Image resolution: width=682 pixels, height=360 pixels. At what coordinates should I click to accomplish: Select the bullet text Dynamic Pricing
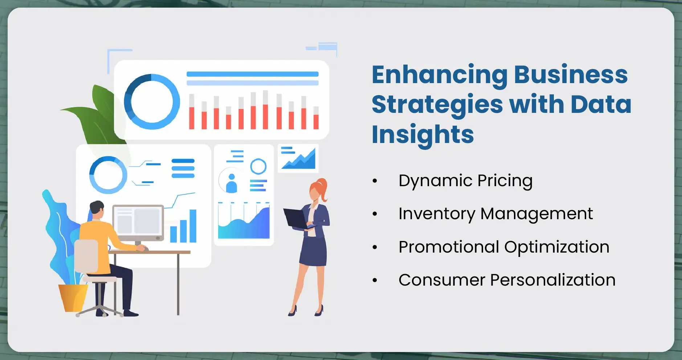tap(465, 181)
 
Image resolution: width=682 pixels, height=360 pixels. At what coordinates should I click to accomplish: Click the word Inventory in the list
tap(437, 214)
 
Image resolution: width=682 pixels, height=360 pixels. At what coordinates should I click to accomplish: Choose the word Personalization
tap(552, 280)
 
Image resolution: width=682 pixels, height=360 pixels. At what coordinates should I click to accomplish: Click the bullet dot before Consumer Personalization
tap(375, 281)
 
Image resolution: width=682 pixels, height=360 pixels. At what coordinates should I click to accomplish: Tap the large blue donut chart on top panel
tap(152, 102)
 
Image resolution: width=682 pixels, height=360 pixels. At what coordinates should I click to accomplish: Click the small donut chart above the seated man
tap(108, 175)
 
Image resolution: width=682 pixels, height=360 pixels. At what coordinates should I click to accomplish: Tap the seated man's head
tap(97, 210)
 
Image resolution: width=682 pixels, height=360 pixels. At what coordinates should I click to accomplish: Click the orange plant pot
tap(73, 298)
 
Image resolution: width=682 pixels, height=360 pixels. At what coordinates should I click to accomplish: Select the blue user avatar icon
tap(231, 183)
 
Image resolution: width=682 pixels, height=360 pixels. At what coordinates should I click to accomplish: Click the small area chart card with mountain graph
tap(298, 158)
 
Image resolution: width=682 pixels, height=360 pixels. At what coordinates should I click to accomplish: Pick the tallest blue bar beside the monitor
tap(193, 226)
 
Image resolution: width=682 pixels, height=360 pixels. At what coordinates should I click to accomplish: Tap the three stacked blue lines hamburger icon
tap(183, 168)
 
